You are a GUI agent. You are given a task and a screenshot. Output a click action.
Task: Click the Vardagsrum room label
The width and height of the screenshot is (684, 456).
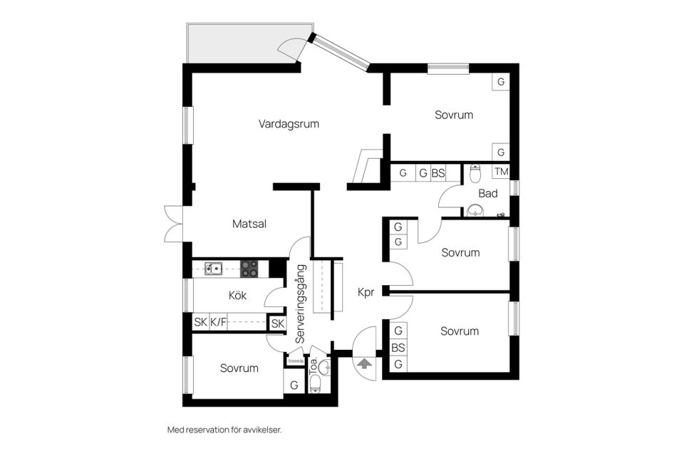(x=289, y=124)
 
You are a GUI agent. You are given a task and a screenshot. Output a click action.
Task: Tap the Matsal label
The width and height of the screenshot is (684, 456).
(x=249, y=224)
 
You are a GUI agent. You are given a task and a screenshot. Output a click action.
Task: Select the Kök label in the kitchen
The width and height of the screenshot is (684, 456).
(x=237, y=296)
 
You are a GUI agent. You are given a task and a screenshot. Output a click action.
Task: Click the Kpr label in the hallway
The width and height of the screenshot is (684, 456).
(x=366, y=291)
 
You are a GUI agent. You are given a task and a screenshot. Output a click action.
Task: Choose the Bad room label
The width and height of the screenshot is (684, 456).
(x=488, y=193)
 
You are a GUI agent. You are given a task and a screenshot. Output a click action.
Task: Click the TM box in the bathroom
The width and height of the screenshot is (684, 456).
(x=502, y=172)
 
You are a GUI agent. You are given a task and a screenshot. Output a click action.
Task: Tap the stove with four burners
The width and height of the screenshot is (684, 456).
(x=249, y=269)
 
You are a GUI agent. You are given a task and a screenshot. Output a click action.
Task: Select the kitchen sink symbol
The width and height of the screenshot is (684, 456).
(x=214, y=269)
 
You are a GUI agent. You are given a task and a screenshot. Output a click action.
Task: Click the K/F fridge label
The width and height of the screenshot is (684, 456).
(x=218, y=323)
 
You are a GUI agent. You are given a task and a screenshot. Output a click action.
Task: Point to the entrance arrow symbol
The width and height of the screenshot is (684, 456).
(x=364, y=363)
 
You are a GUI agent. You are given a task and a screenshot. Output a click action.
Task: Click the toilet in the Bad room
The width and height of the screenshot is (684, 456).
(x=475, y=172)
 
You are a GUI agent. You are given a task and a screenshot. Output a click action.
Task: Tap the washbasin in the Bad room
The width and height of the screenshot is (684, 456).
(x=475, y=211)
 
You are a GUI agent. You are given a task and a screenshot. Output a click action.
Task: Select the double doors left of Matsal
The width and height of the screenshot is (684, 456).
(x=173, y=224)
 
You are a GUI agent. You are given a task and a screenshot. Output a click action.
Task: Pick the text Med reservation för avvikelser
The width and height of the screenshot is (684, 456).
(x=224, y=430)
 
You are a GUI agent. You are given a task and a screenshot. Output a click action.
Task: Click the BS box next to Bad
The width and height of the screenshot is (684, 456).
(x=438, y=172)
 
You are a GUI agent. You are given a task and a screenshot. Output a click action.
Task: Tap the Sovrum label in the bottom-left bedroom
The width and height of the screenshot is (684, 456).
(x=239, y=368)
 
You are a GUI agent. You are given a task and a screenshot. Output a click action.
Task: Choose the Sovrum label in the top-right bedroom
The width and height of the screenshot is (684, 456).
(x=454, y=115)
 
